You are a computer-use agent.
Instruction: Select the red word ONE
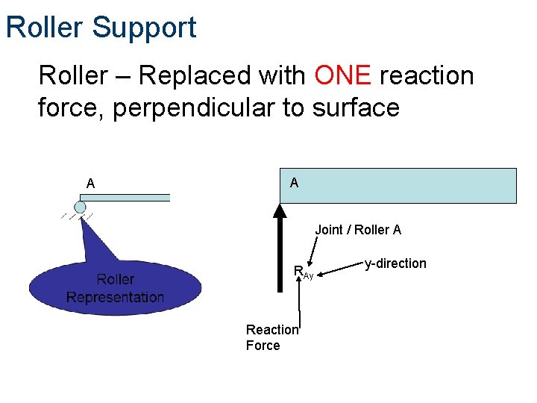(342, 75)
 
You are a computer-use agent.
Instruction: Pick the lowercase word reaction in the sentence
(427, 75)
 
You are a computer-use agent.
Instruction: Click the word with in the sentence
(282, 75)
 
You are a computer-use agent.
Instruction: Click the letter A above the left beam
(90, 183)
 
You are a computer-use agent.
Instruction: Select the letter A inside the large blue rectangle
(294, 183)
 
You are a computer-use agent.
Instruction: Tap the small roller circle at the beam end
(80, 207)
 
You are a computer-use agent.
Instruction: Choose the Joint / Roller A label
(358, 230)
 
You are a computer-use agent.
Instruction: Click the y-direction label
(395, 263)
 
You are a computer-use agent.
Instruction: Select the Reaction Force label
(271, 337)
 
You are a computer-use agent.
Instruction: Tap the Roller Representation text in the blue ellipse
(115, 288)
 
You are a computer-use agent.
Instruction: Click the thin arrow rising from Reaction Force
(299, 302)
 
